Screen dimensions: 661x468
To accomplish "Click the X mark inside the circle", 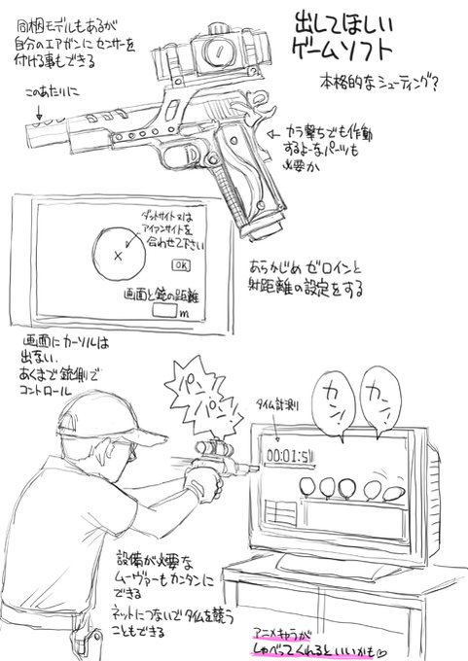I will click(x=118, y=256).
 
